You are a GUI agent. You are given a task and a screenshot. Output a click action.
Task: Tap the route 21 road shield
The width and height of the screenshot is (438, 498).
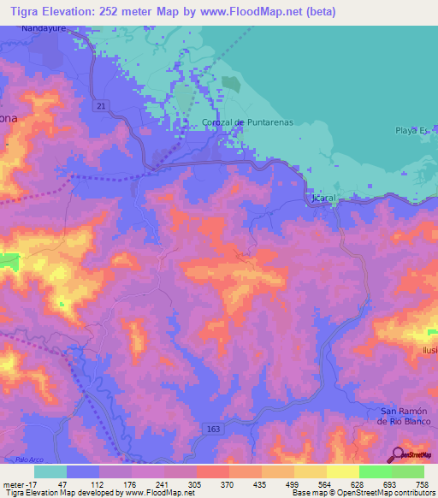[x=102, y=105]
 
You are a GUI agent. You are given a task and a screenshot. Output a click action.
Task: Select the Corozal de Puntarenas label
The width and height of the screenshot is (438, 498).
[x=248, y=122]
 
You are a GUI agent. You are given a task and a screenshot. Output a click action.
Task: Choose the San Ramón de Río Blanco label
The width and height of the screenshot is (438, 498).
[x=406, y=415]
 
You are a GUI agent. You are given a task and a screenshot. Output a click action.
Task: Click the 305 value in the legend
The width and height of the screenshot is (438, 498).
[x=196, y=483]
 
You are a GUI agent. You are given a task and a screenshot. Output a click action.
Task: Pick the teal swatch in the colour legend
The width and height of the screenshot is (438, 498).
[x=50, y=471]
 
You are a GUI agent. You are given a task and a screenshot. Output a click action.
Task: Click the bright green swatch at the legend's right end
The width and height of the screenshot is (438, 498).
[x=407, y=471]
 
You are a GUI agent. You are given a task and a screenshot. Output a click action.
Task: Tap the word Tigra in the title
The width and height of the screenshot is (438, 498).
[x=21, y=12]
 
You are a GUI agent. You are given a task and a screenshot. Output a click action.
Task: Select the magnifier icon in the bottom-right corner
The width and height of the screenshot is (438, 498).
[x=397, y=454]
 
